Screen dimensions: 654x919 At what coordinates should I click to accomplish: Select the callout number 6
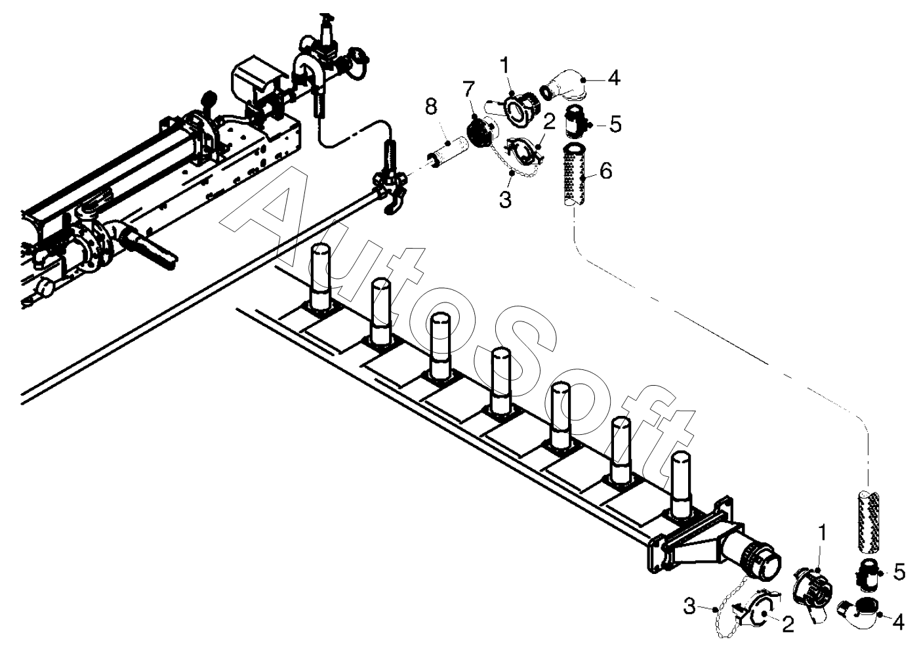click(605, 171)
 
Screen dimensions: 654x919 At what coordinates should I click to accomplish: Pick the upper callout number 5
click(615, 125)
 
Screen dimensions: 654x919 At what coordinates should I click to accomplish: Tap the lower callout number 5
click(899, 572)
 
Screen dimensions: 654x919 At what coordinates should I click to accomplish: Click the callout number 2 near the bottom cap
click(787, 625)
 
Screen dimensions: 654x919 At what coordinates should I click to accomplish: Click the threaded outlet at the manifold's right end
click(762, 554)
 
